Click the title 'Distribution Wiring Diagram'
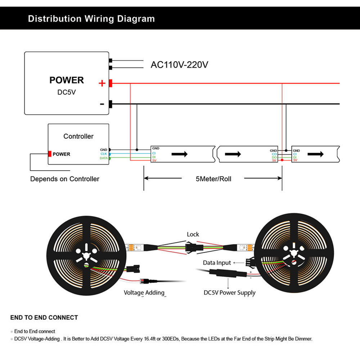tap(91, 19)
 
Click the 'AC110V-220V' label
tap(179, 65)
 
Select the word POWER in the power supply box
tap(67, 80)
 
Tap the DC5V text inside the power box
tap(67, 92)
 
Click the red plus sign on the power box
tap(102, 84)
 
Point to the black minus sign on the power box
tap(102, 104)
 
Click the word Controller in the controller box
tap(78, 136)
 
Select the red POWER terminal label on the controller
tap(61, 154)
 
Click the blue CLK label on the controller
tap(104, 154)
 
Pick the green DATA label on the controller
tap(103, 158)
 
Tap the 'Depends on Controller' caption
tap(64, 179)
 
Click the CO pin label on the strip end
tap(274, 154)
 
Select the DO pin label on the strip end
tap(274, 157)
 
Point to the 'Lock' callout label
tap(193, 234)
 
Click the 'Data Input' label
tap(217, 263)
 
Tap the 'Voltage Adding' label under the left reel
tap(144, 293)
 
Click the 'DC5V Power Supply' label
tap(229, 293)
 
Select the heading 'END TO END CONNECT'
tap(44, 318)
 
